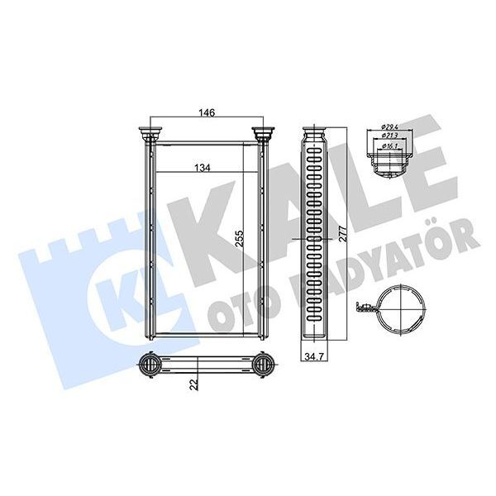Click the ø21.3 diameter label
[390, 136]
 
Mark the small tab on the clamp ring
[362, 309]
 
